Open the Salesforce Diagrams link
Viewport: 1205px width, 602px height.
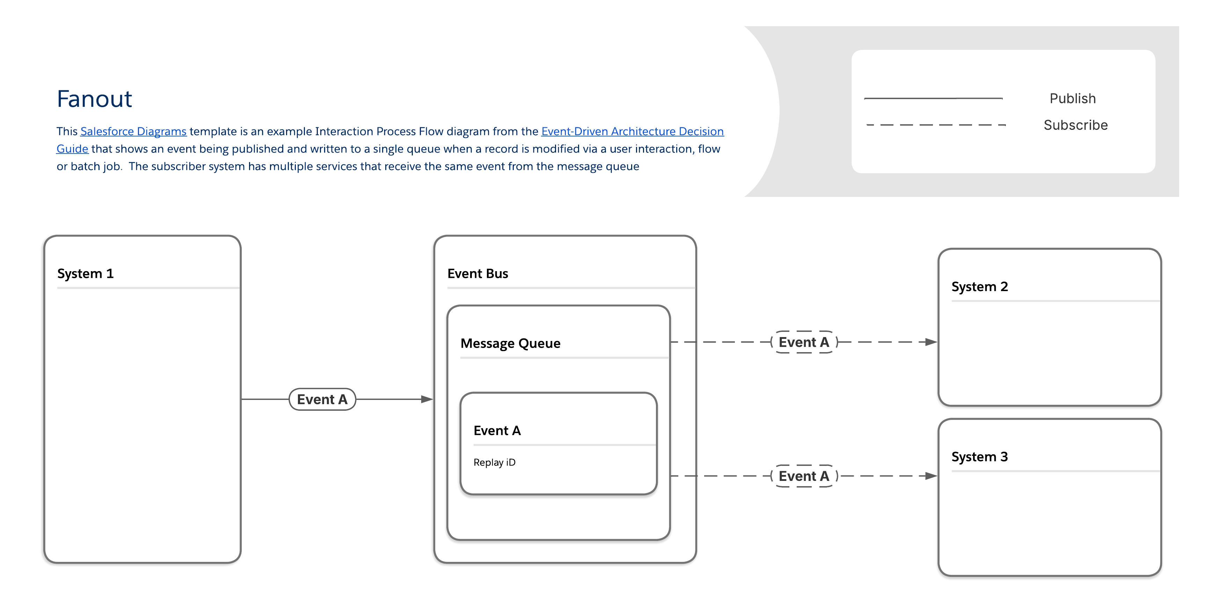[133, 131]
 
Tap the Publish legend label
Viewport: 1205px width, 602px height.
[1072, 99]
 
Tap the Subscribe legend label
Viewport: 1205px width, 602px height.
[1075, 125]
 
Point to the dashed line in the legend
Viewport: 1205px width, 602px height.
[936, 125]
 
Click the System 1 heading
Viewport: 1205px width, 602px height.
[86, 273]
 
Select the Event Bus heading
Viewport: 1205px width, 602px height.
[477, 273]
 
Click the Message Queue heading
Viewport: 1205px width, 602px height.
[510, 343]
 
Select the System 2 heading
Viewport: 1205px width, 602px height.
[979, 287]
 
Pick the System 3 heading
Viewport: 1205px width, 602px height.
[979, 456]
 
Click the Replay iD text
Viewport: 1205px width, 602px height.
[494, 462]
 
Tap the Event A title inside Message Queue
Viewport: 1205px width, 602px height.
[497, 430]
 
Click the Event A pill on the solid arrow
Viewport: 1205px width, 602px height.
[322, 400]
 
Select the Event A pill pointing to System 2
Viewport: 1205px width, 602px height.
[804, 342]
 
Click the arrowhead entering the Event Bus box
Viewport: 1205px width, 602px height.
[426, 400]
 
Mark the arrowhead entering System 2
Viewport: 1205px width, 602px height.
[931, 342]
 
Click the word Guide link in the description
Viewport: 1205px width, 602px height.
[72, 149]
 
